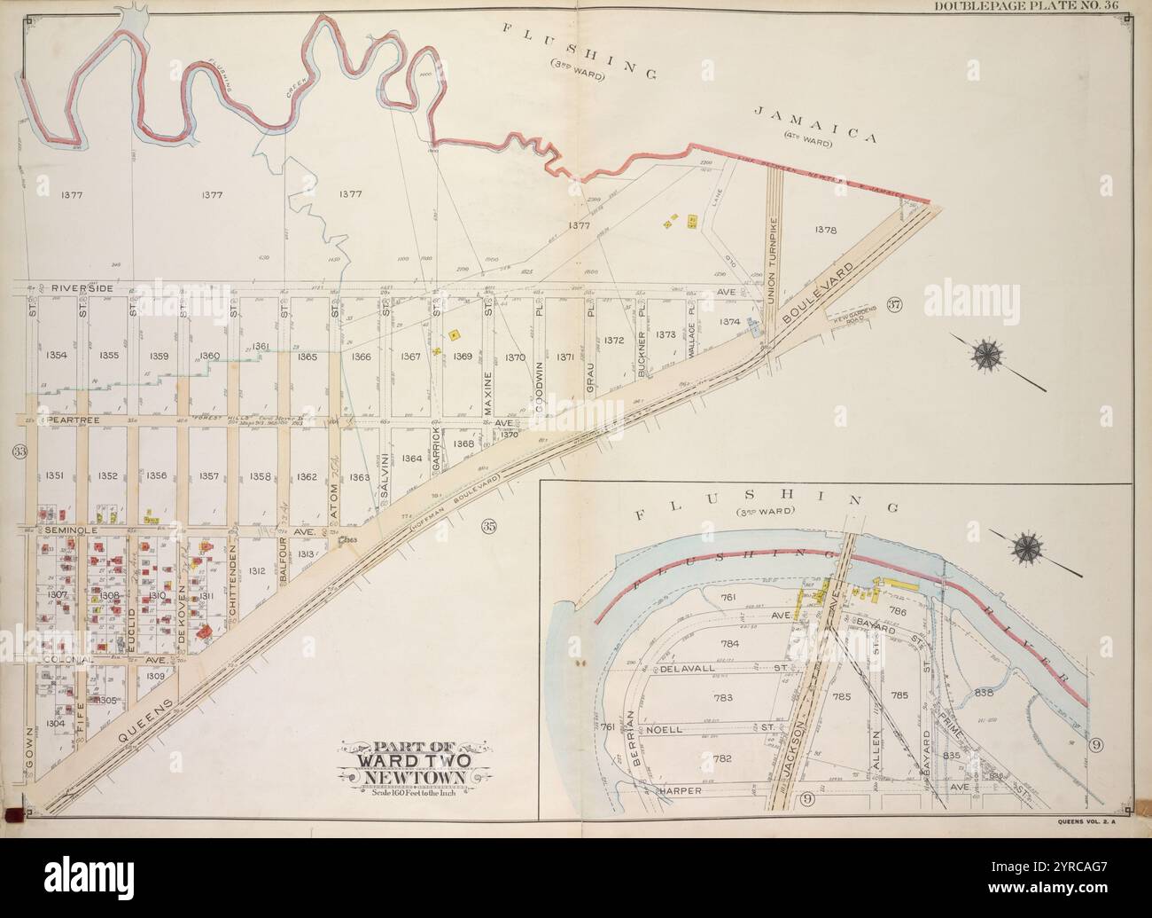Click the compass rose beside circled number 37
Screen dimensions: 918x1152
pyautogui.click(x=986, y=355)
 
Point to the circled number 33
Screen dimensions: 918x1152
pyautogui.click(x=19, y=451)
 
